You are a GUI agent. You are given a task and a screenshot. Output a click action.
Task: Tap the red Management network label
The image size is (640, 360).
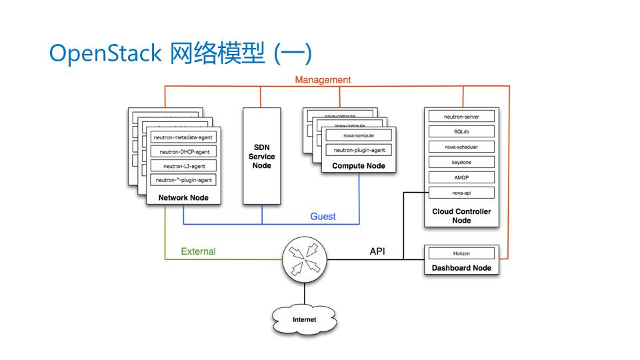click(x=323, y=80)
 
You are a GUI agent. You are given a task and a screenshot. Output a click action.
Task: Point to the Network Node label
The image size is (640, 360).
click(x=183, y=197)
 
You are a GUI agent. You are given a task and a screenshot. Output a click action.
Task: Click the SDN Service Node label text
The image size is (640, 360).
click(x=261, y=157)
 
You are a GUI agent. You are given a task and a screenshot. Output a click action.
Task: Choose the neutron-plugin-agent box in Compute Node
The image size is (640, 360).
click(x=359, y=150)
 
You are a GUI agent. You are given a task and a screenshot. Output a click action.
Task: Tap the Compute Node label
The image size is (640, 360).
click(x=359, y=165)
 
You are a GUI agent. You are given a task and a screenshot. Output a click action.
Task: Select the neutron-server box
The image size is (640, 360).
click(x=461, y=117)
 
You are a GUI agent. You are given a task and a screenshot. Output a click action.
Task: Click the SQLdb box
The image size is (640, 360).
click(x=461, y=131)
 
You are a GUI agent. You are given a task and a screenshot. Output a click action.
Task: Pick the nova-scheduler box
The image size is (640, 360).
click(x=461, y=147)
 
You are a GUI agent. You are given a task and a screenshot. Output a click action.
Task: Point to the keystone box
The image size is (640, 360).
click(x=461, y=162)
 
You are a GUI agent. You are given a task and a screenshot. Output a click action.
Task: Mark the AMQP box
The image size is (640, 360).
click(x=461, y=177)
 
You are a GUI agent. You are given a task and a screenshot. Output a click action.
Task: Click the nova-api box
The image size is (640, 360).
click(x=461, y=193)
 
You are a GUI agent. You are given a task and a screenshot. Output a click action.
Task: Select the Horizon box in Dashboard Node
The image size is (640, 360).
click(x=461, y=253)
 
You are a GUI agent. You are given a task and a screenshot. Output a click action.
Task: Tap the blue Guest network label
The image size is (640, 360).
click(x=323, y=217)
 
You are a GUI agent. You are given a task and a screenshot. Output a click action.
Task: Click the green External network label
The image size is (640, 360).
click(x=199, y=252)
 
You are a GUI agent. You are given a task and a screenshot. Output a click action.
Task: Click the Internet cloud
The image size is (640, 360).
click(x=305, y=319)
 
